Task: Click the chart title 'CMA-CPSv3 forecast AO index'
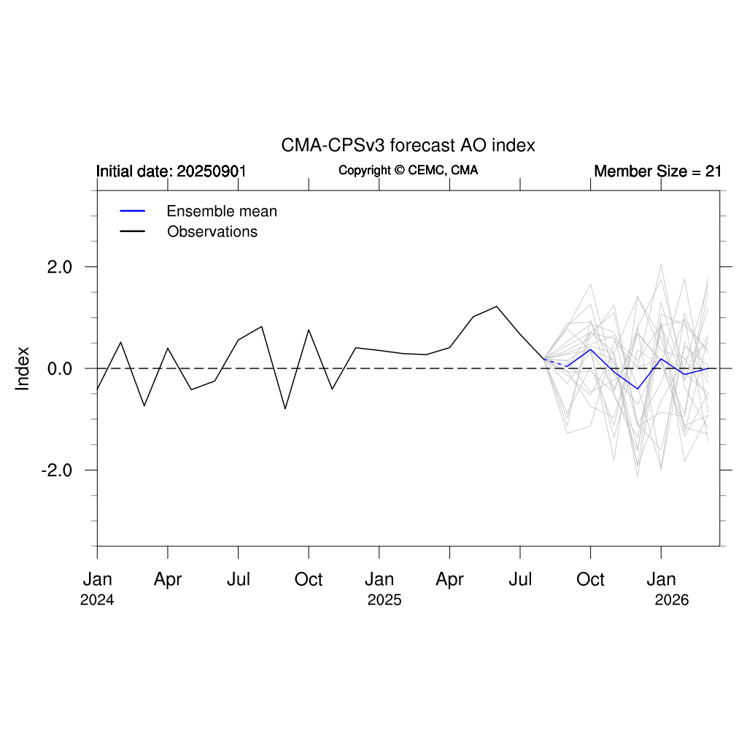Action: pos(408,145)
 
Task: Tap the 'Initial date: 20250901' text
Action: pos(171,171)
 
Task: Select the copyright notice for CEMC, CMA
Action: pos(408,171)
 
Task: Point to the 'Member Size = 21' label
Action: pos(657,171)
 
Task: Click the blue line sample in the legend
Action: pos(133,212)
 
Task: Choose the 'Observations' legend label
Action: pos(212,232)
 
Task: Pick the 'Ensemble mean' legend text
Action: pos(222,212)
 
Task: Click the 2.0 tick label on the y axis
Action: pos(61,267)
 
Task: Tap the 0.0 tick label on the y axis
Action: pos(61,368)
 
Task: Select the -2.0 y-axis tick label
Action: pos(57,471)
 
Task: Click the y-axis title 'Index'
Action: pos(23,368)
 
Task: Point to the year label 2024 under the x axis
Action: pos(97,600)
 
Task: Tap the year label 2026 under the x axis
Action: pos(672,600)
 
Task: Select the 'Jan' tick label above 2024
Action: pos(97,580)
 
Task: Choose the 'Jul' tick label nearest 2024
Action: pos(239,580)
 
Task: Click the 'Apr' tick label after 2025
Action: pos(449,580)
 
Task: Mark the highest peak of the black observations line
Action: pos(497,306)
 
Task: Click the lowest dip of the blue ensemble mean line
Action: pos(638,389)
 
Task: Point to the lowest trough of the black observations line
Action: pos(285,409)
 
